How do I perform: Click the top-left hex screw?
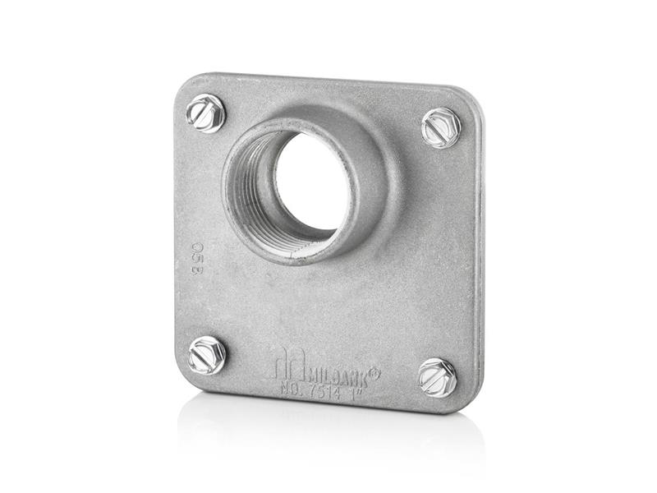pyautogui.click(x=205, y=113)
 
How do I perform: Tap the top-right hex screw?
pyautogui.click(x=441, y=128)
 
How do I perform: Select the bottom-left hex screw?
pyautogui.click(x=206, y=355)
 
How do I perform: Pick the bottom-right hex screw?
pyautogui.click(x=437, y=377)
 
